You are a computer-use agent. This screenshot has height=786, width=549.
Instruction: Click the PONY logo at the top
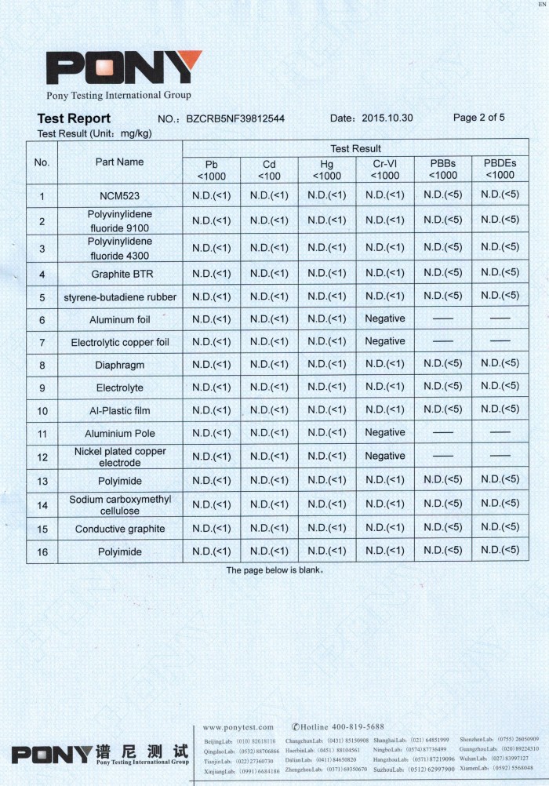coord(124,69)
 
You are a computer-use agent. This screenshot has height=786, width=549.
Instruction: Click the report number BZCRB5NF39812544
coord(235,119)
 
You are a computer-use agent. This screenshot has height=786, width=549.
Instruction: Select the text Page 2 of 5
coord(479,118)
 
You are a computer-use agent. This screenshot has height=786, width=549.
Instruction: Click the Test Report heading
coord(74,118)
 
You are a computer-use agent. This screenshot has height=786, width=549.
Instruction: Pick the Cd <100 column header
coord(269,170)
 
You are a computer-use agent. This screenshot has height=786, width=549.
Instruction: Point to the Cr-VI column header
coord(384,170)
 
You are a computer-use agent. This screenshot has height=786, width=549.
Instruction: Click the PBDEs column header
coord(500,170)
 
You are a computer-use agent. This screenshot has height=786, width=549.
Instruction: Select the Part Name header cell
coord(119,162)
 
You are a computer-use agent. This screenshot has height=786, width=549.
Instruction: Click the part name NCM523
coord(119,196)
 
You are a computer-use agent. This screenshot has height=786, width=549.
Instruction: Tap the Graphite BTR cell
coord(119,275)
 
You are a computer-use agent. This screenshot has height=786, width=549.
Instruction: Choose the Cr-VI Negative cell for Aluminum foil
coord(384,318)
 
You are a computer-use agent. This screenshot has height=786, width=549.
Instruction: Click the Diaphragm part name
coord(119,366)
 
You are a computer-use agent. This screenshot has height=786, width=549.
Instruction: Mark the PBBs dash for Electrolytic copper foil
coord(442,342)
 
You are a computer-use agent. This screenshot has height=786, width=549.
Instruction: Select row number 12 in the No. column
coord(42,457)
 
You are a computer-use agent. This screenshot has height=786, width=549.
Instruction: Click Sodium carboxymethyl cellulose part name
coord(119,504)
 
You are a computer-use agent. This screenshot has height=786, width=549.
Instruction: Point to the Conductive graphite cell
coord(119,529)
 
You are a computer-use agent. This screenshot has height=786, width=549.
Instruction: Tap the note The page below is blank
coord(275,570)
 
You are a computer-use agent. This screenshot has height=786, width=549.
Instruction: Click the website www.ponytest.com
coord(238,727)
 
